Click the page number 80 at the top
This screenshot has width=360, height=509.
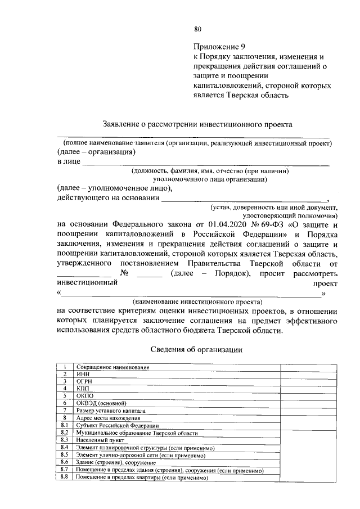[197, 29]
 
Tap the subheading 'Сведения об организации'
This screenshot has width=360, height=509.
[197, 349]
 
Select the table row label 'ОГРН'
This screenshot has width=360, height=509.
[84, 381]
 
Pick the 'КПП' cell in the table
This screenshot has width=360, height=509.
[83, 388]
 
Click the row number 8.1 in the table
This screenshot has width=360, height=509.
[65, 425]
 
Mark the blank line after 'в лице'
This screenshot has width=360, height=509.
[205, 164]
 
